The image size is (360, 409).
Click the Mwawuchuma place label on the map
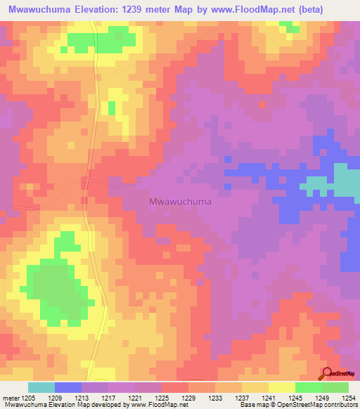point(181,202)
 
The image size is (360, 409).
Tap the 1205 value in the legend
point(29,398)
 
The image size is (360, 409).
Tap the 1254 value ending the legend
point(349,398)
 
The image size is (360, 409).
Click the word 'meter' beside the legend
point(11,398)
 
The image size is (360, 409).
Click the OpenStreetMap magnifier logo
point(327,373)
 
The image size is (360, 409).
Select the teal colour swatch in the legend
point(41,387)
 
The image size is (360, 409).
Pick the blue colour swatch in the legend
point(68,387)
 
